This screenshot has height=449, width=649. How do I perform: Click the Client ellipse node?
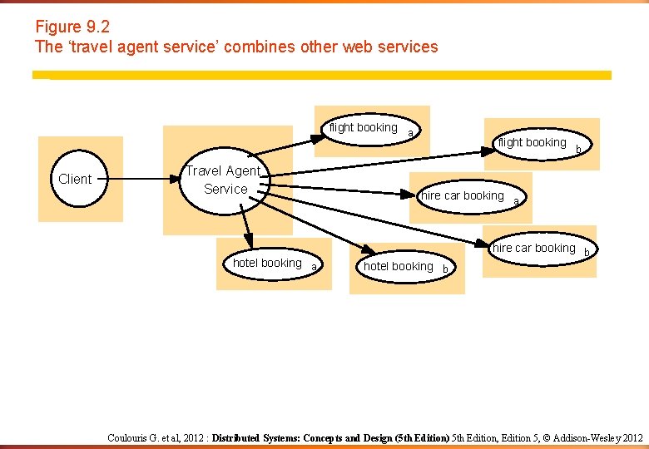75,179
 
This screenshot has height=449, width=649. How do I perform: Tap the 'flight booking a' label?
364,128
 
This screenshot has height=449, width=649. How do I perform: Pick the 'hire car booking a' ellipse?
463,196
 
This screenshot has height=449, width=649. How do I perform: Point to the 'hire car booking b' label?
533,248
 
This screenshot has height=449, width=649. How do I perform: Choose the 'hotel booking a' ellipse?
267,263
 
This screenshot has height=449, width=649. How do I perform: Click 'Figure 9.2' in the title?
72,27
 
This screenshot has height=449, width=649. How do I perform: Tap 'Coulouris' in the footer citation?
131,437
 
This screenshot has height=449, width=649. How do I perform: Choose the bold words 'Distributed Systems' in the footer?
255,437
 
